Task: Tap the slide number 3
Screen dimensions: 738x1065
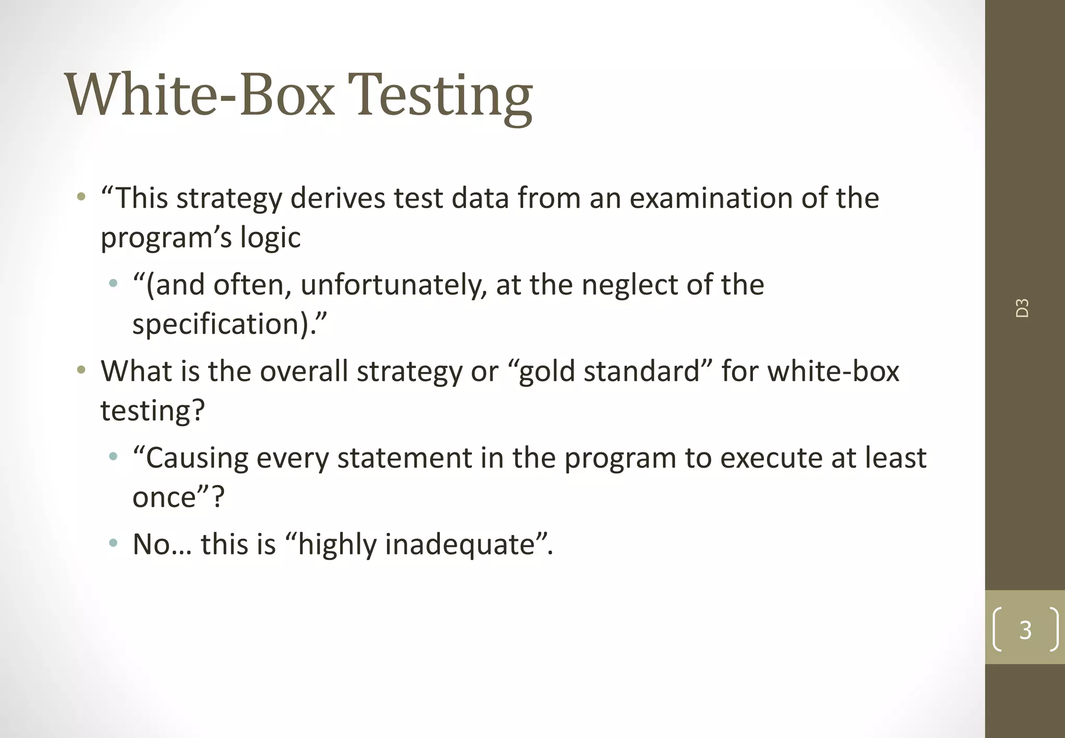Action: tap(1025, 630)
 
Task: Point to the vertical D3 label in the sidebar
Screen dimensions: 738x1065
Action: tap(1022, 308)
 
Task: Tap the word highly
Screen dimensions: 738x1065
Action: tap(337, 545)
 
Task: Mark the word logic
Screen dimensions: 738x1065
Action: tap(270, 238)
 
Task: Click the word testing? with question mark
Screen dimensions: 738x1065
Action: tap(152, 411)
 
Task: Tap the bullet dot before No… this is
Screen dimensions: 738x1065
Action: tap(113, 544)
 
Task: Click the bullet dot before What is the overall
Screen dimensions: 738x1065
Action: tap(81, 371)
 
